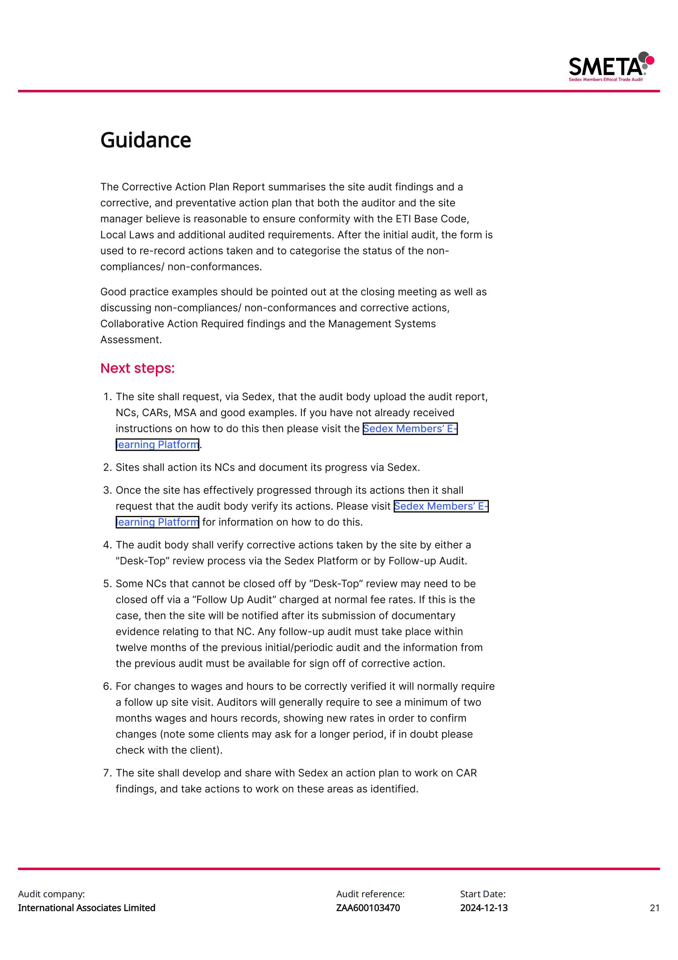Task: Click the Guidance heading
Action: (145, 140)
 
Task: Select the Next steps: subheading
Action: (137, 368)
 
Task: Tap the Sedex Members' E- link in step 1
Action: (410, 428)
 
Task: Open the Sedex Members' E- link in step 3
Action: (441, 506)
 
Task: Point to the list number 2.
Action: (107, 467)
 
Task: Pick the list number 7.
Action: (107, 773)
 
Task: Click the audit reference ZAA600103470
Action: (368, 908)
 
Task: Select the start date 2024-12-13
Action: (484, 908)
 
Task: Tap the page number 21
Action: (655, 908)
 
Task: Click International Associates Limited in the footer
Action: (87, 908)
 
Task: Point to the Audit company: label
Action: (51, 894)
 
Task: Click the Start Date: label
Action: (482, 894)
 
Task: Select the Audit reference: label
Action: (370, 894)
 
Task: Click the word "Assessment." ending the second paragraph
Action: (131, 339)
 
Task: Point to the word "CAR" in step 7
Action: (466, 773)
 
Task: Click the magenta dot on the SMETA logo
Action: (650, 60)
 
